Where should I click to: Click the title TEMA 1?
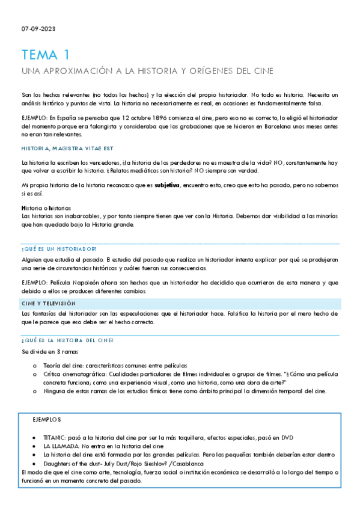[45, 56]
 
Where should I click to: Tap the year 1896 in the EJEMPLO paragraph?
[142, 118]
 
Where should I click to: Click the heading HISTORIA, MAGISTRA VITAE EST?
[67, 148]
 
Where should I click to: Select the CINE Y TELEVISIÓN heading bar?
[180, 304]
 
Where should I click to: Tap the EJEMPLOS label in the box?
[47, 419]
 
